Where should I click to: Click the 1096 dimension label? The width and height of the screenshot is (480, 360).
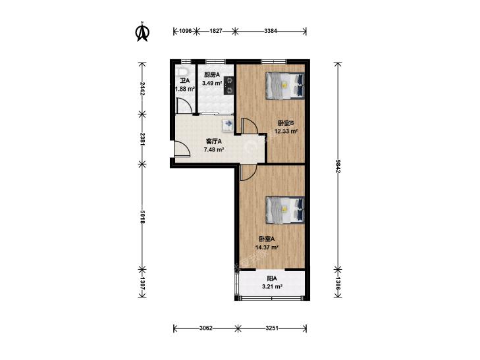pyautogui.click(x=185, y=31)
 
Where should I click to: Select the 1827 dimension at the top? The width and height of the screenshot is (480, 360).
pyautogui.click(x=215, y=31)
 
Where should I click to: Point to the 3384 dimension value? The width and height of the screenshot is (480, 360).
pyautogui.click(x=271, y=31)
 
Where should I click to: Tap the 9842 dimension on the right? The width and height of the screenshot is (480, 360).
pyautogui.click(x=338, y=165)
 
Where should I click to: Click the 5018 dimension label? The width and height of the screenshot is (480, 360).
pyautogui.click(x=142, y=217)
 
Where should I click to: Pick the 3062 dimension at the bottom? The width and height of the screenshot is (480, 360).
pyautogui.click(x=205, y=328)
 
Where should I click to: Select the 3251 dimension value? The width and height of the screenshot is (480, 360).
pyautogui.click(x=271, y=328)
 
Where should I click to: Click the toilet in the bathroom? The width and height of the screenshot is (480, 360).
pyautogui.click(x=182, y=72)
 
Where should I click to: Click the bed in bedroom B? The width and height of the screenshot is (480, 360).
pyautogui.click(x=285, y=86)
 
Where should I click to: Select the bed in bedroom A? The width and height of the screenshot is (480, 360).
pyautogui.click(x=285, y=210)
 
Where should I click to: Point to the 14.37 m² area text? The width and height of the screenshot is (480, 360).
pyautogui.click(x=267, y=247)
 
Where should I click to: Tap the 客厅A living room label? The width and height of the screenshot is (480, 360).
pyautogui.click(x=214, y=141)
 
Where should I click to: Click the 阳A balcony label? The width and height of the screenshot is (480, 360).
pyautogui.click(x=272, y=278)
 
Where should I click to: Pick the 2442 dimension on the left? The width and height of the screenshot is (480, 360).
pyautogui.click(x=142, y=88)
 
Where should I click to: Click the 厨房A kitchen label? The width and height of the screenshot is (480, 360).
pyautogui.click(x=212, y=74)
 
